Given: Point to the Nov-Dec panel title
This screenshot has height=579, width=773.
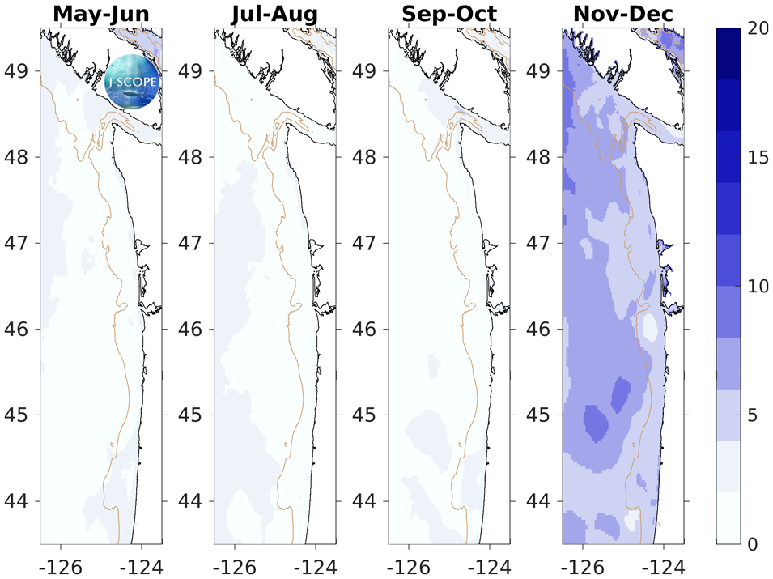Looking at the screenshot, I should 622,14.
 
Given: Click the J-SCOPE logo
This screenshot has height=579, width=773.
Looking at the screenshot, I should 133,82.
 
